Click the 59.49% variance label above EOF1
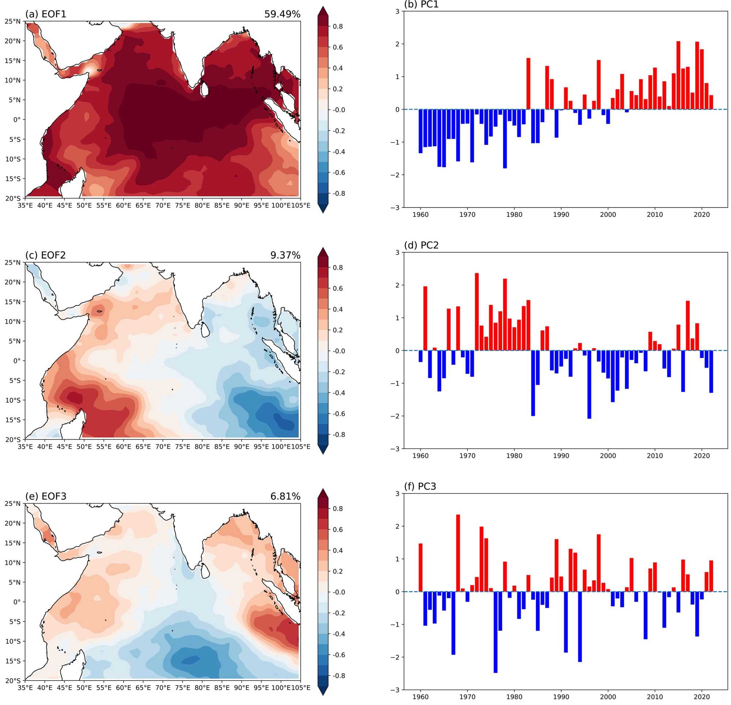coord(282,14)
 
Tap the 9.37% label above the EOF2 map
coord(285,255)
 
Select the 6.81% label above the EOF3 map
coord(285,496)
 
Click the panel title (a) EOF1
coord(45,14)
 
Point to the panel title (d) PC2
coord(421,245)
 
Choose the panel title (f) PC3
coord(420,486)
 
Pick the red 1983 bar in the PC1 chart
coord(528,84)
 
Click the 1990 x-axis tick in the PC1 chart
coord(561,215)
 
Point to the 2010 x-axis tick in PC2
coord(655,456)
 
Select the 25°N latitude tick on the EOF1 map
coord(13,21)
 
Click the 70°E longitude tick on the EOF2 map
coord(163,447)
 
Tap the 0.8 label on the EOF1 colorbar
coord(338,26)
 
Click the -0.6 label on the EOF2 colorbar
coord(337,414)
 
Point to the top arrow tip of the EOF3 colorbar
coord(323,489)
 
